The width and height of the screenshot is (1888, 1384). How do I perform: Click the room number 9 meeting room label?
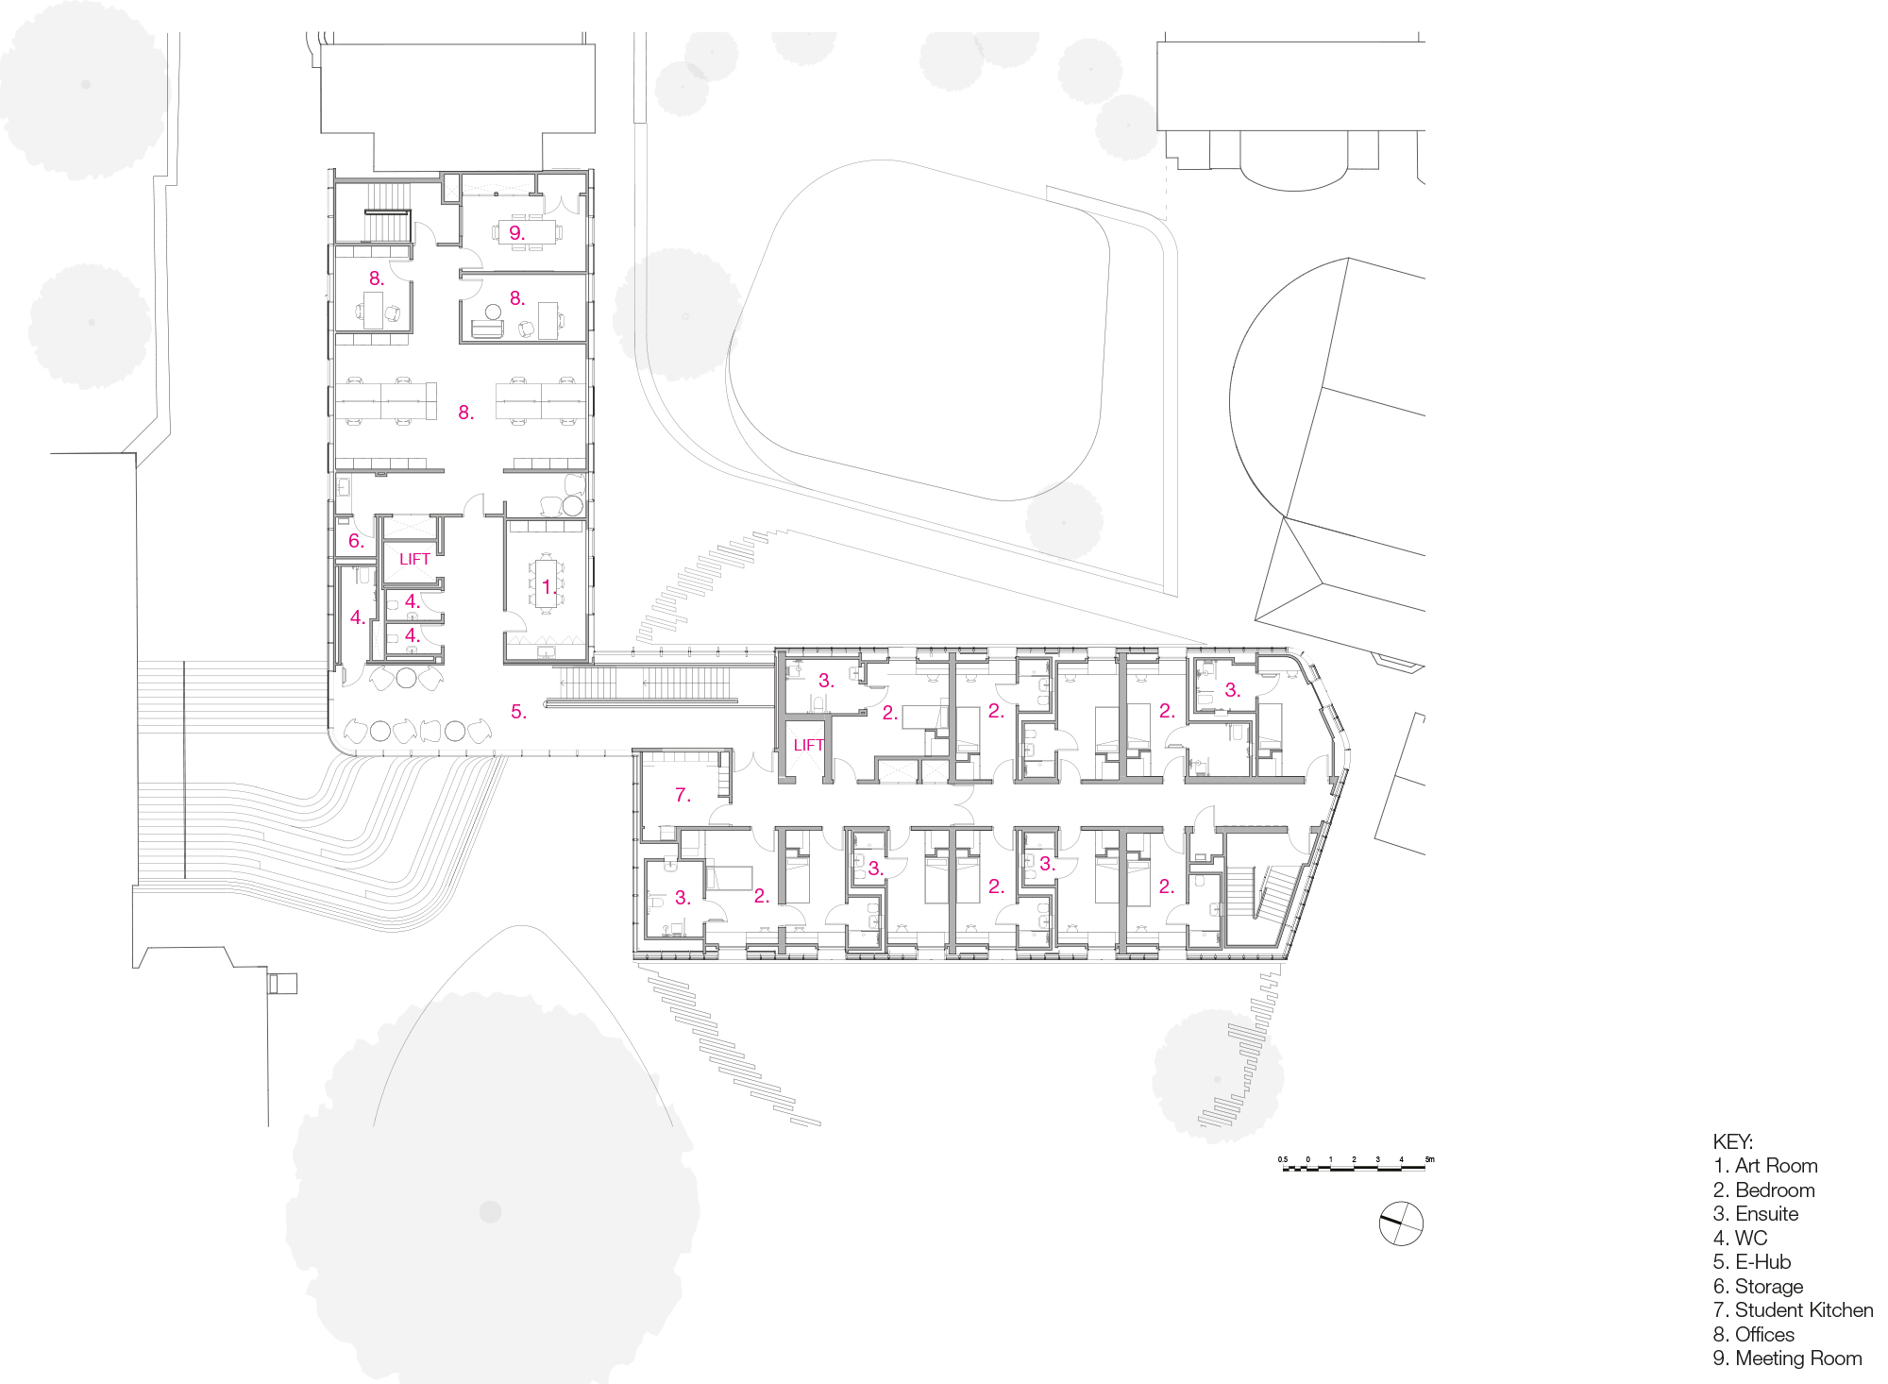tap(516, 232)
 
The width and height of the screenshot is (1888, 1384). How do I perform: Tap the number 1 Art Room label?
tap(548, 587)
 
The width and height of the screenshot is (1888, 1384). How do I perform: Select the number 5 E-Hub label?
tap(518, 712)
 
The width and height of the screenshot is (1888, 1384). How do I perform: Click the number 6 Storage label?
tap(356, 541)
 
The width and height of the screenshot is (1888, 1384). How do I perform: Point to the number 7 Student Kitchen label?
tap(683, 795)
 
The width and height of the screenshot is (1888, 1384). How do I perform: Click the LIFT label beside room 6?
tap(414, 559)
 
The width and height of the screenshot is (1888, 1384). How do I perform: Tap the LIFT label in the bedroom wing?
tap(808, 745)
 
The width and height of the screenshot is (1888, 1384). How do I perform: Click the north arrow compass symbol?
tap(1401, 1224)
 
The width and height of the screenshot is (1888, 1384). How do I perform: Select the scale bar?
tap(1355, 1167)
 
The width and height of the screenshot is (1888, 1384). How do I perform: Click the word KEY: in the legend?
tap(1732, 1141)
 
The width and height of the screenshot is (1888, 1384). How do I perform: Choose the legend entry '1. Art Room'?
tap(1764, 1166)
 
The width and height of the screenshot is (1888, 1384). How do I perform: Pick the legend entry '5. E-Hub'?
tap(1751, 1262)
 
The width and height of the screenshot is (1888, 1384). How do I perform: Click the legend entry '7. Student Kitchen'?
tap(1793, 1310)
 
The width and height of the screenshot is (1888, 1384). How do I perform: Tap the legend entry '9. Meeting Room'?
tap(1787, 1359)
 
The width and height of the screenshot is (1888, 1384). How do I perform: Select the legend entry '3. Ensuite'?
tap(1755, 1214)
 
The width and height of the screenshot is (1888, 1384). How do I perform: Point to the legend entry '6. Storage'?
tap(1758, 1287)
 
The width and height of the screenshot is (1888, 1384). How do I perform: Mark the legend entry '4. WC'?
tap(1740, 1238)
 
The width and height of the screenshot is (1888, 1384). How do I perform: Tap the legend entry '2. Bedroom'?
tap(1763, 1190)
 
